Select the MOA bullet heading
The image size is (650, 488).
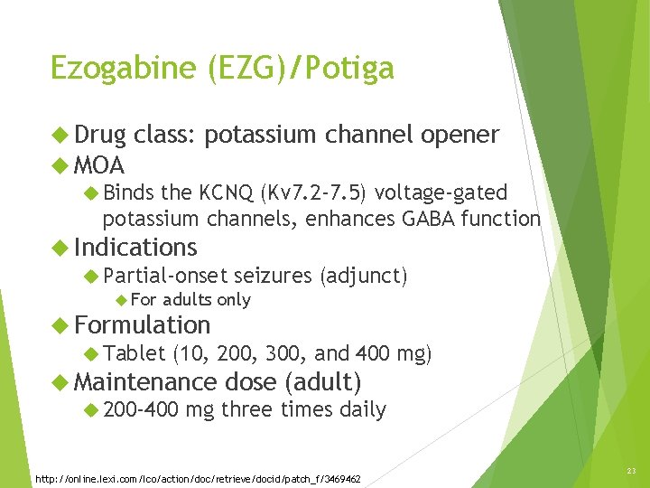tap(99, 165)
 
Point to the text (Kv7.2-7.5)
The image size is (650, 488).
tap(313, 192)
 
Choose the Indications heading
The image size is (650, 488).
tap(135, 247)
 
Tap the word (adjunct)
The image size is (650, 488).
tap(364, 275)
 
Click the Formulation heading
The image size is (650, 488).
tap(142, 324)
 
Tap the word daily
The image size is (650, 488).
tap(363, 409)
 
